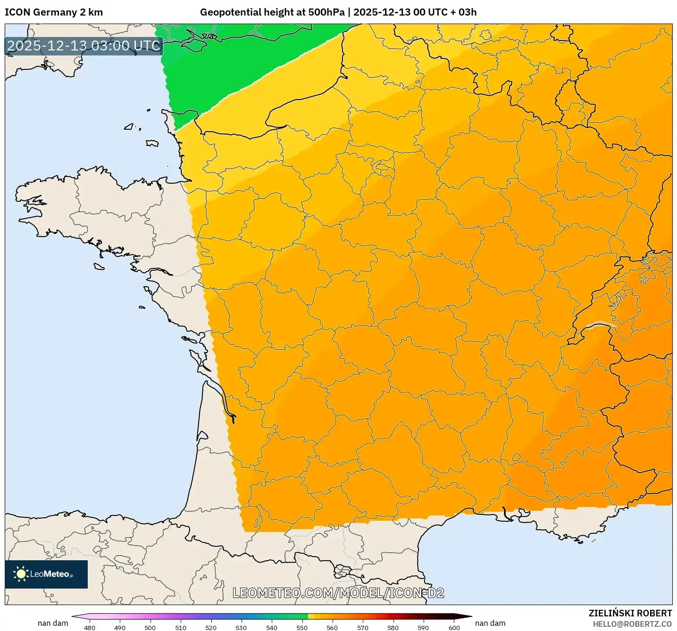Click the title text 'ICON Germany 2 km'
53,12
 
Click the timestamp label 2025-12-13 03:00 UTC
84,46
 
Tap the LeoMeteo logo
46,574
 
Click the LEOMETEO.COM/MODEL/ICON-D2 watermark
338,593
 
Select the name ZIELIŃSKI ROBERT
630,613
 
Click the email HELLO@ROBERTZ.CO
632,624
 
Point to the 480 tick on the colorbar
90,627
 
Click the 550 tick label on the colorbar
302,627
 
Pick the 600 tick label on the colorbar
454,627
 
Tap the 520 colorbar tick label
211,627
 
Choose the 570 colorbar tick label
363,627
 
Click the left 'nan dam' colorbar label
53,623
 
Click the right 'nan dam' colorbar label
490,623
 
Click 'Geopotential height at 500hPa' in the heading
272,12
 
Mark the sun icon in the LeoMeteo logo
21,574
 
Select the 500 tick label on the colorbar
150,627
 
